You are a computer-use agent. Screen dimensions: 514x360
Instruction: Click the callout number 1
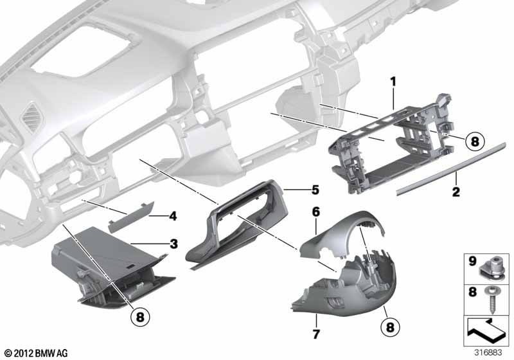pyautogui.click(x=393, y=81)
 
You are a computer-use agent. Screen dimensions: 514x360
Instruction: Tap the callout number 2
pyautogui.click(x=456, y=192)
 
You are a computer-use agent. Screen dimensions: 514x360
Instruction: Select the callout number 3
pyautogui.click(x=173, y=244)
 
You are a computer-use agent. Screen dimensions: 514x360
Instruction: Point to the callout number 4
pyautogui.click(x=173, y=216)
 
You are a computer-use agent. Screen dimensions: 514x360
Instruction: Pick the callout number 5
pyautogui.click(x=315, y=190)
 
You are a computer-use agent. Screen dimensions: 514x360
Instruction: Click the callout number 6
pyautogui.click(x=315, y=212)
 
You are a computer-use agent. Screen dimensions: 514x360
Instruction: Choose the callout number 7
pyautogui.click(x=316, y=334)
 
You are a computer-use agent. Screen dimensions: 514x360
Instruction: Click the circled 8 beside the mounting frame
pyautogui.click(x=474, y=141)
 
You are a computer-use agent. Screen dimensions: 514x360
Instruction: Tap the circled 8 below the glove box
pyautogui.click(x=140, y=317)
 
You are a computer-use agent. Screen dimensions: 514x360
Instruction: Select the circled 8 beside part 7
pyautogui.click(x=390, y=327)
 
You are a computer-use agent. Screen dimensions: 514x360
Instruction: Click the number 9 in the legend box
pyautogui.click(x=472, y=261)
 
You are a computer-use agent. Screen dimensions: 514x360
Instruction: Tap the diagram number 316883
pyautogui.click(x=488, y=352)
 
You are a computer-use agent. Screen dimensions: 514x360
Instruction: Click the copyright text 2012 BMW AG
pyautogui.click(x=37, y=353)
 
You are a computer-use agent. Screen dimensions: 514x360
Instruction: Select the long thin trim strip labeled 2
pyautogui.click(x=452, y=168)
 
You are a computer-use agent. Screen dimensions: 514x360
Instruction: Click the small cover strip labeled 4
pyautogui.click(x=131, y=217)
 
